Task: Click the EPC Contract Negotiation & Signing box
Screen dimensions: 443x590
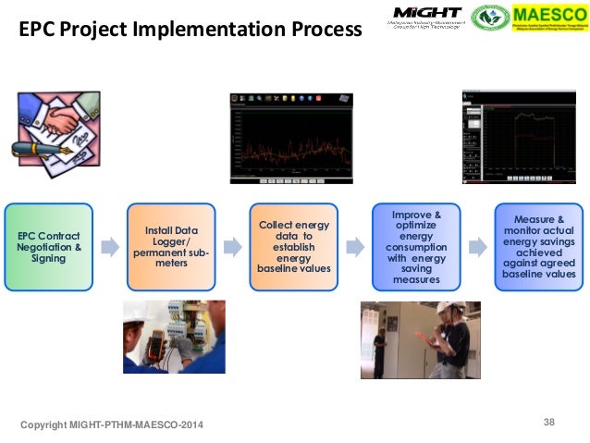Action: point(49,247)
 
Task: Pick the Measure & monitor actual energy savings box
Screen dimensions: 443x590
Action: point(538,247)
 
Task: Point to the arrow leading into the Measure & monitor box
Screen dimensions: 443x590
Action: point(477,247)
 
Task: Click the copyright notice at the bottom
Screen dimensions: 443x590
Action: point(113,424)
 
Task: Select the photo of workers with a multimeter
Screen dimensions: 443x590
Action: point(174,337)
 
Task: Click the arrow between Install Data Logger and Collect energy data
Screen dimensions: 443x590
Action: point(232,247)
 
